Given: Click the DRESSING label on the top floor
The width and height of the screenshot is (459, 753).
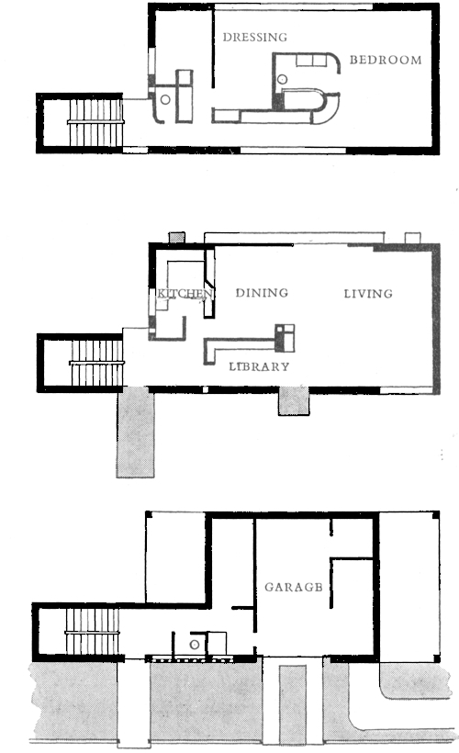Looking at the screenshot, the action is (x=255, y=37).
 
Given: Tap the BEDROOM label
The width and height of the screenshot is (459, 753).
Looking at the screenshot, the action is (x=386, y=60).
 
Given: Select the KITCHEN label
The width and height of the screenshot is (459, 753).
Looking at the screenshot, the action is (x=185, y=293).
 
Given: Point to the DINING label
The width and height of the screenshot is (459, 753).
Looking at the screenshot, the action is (x=262, y=292).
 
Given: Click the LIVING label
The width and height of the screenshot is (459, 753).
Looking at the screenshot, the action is (x=368, y=294).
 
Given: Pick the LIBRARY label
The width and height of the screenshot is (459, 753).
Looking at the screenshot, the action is (x=259, y=366).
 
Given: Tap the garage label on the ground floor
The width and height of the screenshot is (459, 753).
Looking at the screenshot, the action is (x=294, y=587).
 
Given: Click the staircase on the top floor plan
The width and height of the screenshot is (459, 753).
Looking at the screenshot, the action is (x=96, y=122).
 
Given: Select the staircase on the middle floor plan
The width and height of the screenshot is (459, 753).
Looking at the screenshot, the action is (x=97, y=363).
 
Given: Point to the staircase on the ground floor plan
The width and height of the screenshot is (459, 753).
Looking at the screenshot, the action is (x=92, y=632).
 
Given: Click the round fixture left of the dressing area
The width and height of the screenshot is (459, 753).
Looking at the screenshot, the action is (x=165, y=100).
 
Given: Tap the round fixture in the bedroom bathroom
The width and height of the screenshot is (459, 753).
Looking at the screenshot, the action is (x=283, y=80).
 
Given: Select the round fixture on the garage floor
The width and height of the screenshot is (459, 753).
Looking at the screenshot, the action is (x=195, y=645).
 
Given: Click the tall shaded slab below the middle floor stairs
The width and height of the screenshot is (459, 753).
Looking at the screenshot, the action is (x=135, y=433).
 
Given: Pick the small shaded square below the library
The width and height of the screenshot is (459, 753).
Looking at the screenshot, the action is (x=294, y=400).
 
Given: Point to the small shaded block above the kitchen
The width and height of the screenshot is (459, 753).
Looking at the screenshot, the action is (x=176, y=237).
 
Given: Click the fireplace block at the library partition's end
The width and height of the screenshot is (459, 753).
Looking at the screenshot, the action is (x=285, y=338).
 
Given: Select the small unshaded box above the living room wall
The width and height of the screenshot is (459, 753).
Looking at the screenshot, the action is (x=413, y=238).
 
